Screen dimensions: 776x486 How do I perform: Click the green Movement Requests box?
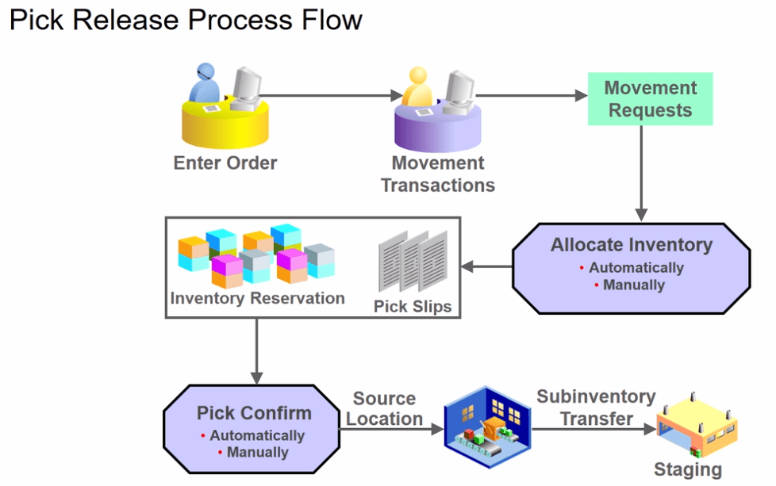point(651,99)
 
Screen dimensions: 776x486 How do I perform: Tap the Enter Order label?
point(225,163)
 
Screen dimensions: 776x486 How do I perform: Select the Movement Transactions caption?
point(438,174)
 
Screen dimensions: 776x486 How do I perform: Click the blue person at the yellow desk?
point(205,83)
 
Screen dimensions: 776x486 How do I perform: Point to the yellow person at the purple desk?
point(417,87)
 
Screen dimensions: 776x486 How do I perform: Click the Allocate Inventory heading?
point(632,245)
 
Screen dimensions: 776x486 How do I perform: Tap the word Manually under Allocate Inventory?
point(634,285)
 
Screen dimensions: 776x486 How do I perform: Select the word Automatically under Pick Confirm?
point(257,435)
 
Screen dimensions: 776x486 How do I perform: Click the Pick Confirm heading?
point(255,413)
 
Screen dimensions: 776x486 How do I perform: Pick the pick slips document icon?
point(413,261)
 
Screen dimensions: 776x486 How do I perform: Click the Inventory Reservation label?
point(257,298)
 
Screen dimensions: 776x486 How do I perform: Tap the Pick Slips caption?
point(413,307)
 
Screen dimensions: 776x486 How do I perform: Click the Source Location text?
point(385,408)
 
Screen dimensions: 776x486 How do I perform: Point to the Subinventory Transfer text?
point(597,408)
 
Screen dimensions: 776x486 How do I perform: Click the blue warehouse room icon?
point(487,427)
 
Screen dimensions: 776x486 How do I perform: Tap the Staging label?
point(688,469)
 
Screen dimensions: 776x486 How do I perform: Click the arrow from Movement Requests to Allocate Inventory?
point(641,173)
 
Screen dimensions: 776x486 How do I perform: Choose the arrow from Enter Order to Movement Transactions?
point(331,95)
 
